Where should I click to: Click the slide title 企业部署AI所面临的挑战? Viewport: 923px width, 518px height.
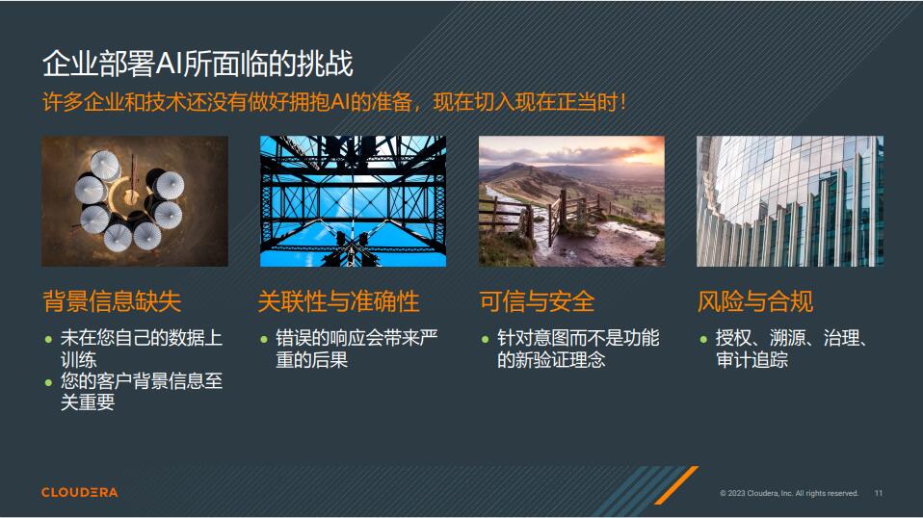[198, 64]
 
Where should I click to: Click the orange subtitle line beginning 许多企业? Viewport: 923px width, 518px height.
[334, 101]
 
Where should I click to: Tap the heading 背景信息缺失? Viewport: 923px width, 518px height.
[112, 301]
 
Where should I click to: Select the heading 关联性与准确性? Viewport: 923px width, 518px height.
[338, 301]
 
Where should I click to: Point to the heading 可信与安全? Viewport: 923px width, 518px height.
[537, 301]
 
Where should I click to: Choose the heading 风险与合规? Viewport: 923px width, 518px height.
[755, 301]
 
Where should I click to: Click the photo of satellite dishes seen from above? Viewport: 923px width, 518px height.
[135, 200]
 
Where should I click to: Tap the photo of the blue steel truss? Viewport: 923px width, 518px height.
[353, 200]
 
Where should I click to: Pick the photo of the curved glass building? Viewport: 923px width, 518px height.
[790, 200]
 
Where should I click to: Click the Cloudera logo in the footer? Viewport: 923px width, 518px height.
[80, 492]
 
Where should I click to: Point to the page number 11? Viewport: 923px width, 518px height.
[878, 493]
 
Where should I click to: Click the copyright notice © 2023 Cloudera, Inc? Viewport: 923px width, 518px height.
[789, 493]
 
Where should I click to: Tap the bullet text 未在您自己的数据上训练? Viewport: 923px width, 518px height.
[141, 349]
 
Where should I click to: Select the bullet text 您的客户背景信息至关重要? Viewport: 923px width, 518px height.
[141, 392]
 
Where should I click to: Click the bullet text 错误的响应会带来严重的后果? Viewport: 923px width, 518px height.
[356, 349]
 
